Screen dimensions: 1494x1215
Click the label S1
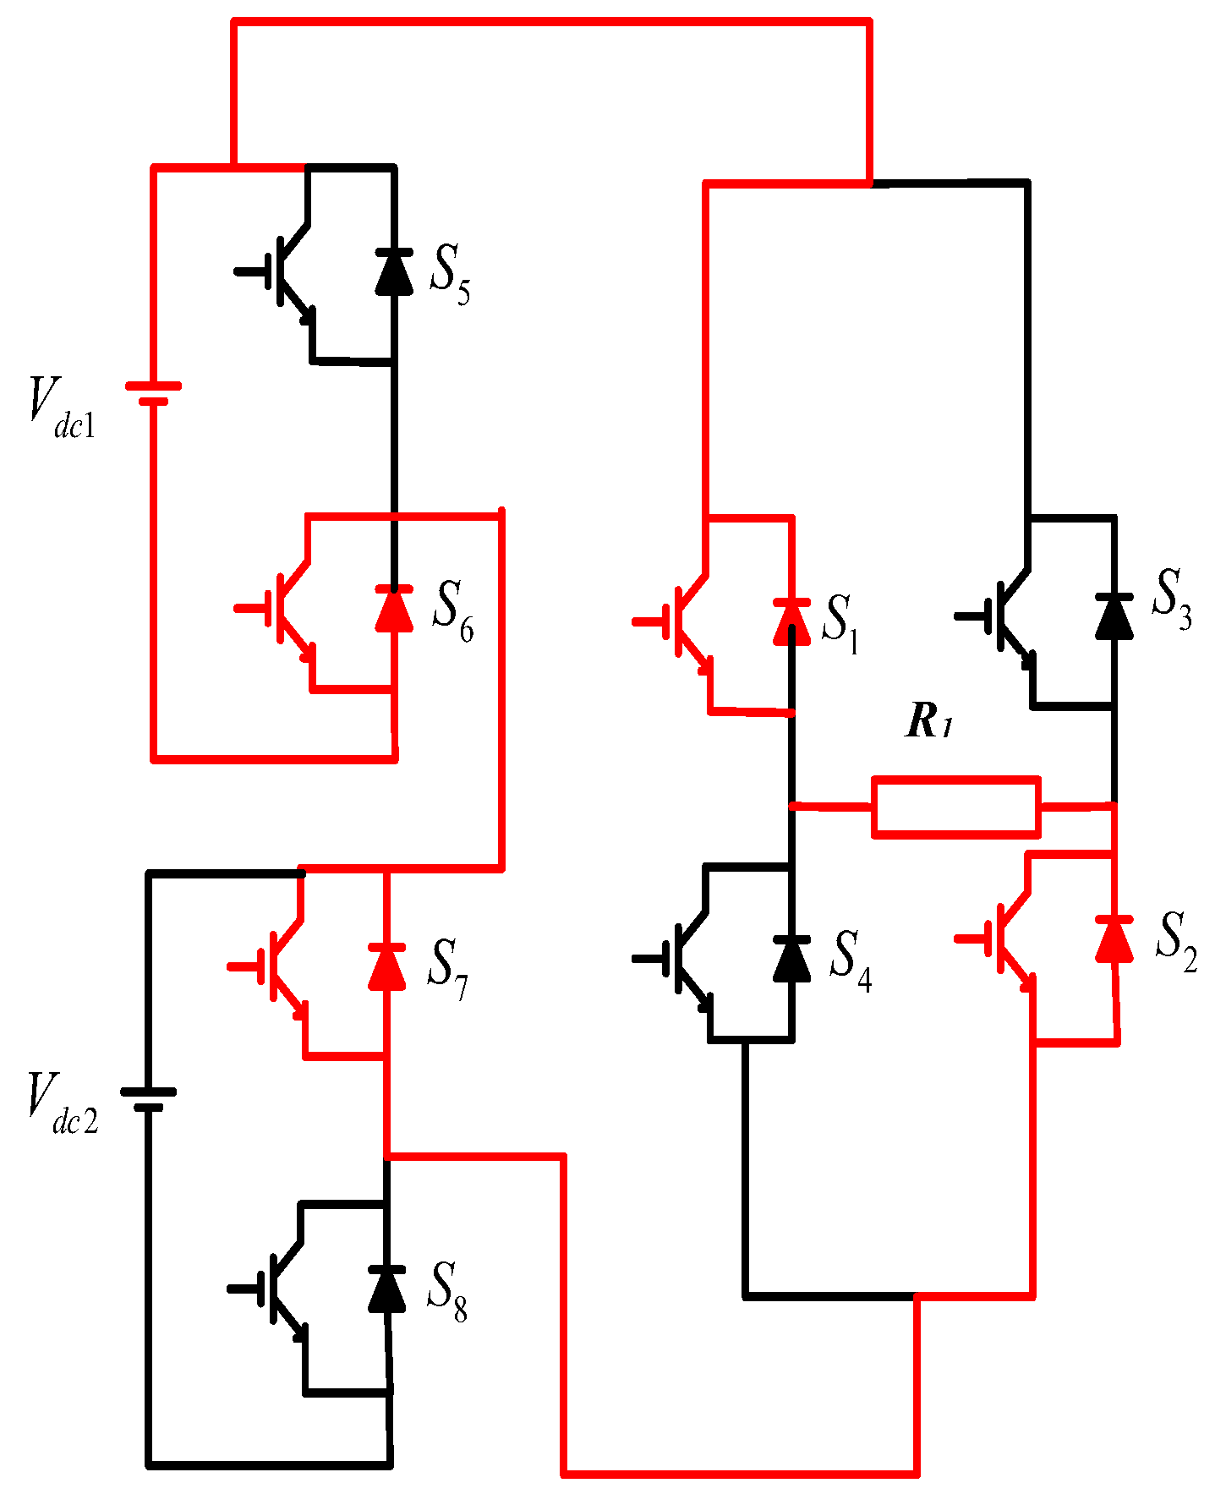[x=840, y=624]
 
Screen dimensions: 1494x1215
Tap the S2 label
[x=1175, y=941]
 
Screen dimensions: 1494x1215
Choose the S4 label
[x=850, y=960]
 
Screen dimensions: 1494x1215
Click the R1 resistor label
[x=928, y=721]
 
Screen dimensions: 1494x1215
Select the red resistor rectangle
[x=955, y=807]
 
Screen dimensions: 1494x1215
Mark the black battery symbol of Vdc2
[x=148, y=1099]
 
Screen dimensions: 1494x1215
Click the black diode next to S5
[x=394, y=272]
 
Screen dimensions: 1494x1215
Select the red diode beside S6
[x=394, y=609]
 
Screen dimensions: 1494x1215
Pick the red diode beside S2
[x=1114, y=939]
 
